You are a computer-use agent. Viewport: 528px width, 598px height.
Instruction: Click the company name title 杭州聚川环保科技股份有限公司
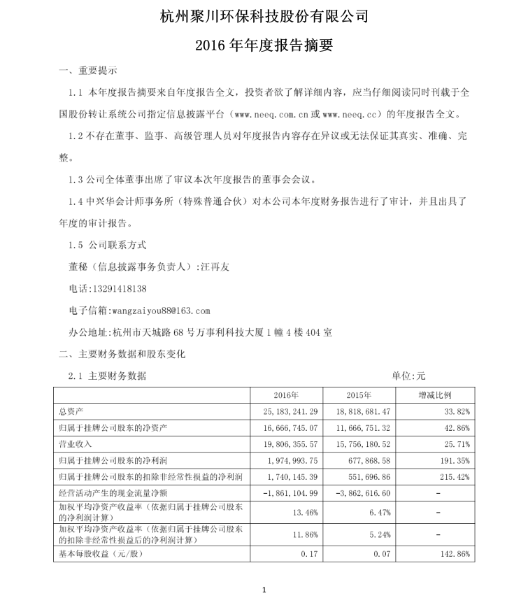264,16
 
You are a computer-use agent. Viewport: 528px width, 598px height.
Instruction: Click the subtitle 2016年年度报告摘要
264,46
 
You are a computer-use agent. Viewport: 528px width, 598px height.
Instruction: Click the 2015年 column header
357,394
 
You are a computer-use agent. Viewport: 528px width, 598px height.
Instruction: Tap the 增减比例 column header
435,394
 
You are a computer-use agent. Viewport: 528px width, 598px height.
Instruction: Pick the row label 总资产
71,411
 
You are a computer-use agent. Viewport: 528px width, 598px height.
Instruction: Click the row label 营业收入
76,443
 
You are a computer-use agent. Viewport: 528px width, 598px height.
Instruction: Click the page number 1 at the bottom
264,590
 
